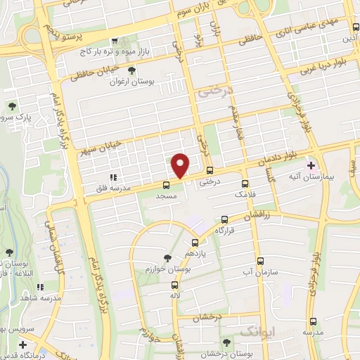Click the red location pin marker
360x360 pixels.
[x=181, y=165]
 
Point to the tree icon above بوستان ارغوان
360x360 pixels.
[x=131, y=70]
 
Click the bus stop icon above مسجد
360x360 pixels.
[x=166, y=185]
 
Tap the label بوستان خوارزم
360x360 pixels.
[x=166, y=269]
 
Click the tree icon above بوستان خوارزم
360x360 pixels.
[x=167, y=258]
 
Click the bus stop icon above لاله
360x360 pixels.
[x=175, y=285]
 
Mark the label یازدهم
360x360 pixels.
[x=195, y=252]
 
